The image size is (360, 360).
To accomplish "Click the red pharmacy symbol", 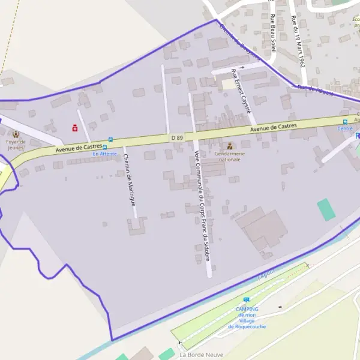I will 74,127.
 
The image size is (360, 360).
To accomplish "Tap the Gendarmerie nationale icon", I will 229,145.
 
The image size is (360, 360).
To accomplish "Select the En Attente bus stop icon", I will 105,146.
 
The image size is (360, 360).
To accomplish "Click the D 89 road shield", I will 176,137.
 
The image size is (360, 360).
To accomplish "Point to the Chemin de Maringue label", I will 130,180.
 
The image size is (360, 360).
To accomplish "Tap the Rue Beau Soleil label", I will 274,33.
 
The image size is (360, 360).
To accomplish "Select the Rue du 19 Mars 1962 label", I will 298,42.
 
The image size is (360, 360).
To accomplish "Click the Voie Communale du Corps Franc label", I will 202,210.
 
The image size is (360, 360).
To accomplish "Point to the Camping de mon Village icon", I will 246,300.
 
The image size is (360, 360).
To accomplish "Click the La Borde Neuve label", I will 201,355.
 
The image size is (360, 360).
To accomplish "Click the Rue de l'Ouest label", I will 315,91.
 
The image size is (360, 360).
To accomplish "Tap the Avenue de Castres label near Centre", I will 273,126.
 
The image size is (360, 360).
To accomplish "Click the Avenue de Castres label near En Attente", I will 79,147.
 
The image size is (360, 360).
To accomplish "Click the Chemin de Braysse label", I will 240,42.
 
